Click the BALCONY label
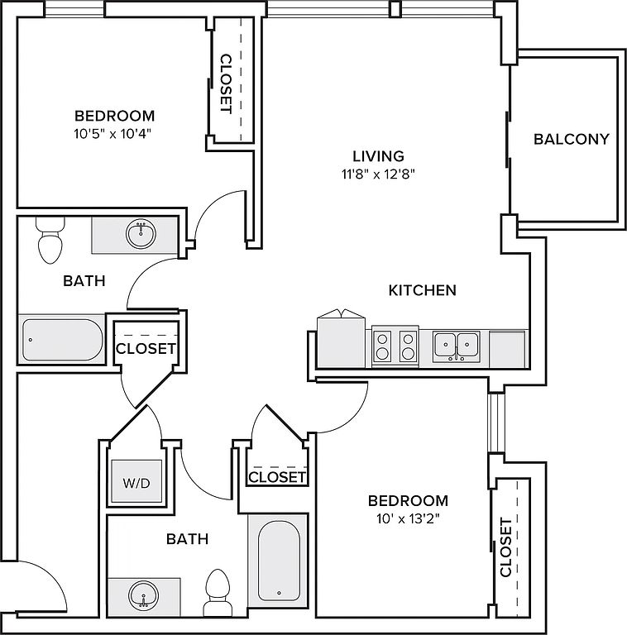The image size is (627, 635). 571,139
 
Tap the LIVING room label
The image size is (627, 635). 378,156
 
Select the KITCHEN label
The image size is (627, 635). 423,290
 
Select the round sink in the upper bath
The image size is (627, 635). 141,234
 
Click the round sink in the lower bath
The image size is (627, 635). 143,595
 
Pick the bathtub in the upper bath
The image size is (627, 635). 62,340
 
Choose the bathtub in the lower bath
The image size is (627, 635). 279,561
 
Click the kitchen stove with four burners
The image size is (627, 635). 395,346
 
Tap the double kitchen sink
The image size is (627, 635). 456,346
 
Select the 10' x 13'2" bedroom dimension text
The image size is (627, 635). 408,518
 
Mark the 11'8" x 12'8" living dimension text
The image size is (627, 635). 378,174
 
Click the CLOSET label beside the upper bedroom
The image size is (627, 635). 225,84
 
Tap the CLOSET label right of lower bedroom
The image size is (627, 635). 506,547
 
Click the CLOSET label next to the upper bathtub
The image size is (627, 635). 146,349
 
